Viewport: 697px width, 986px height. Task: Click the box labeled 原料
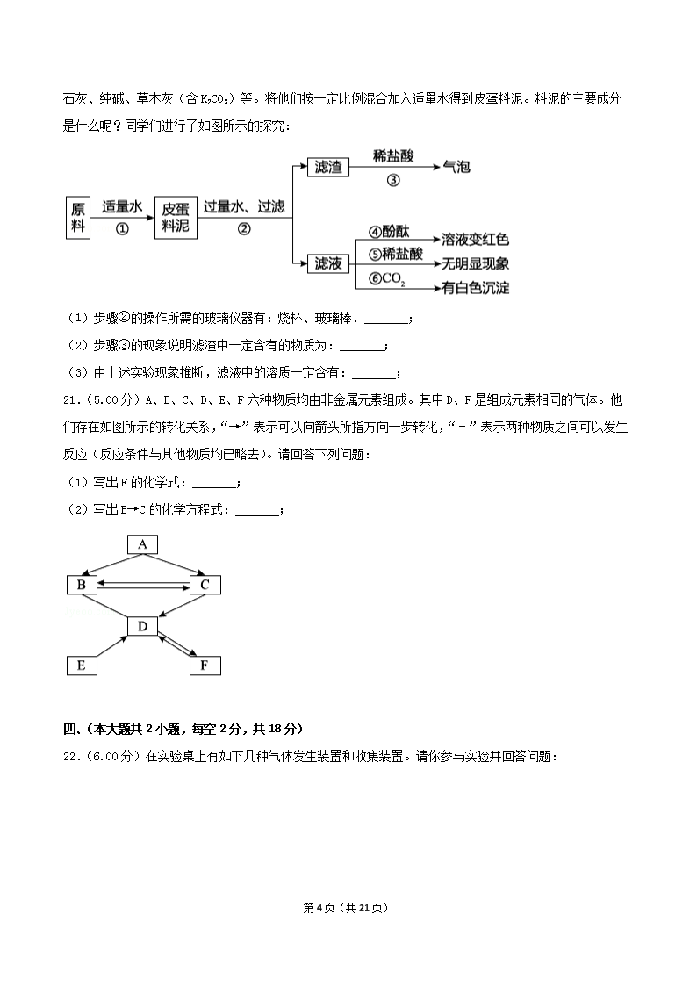(x=79, y=216)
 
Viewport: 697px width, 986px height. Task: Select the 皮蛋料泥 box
(x=176, y=216)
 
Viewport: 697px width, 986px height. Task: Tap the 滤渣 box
(x=328, y=166)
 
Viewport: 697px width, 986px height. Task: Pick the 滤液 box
(x=328, y=263)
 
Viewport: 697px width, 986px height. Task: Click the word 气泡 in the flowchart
(x=456, y=166)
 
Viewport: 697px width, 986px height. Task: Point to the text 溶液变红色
(x=476, y=239)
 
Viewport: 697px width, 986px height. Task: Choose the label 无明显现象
(x=476, y=263)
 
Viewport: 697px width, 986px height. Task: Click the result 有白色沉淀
(x=476, y=287)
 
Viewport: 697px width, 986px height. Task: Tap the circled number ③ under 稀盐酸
(x=392, y=181)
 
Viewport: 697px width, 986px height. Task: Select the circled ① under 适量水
(x=122, y=228)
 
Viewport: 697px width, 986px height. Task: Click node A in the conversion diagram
(x=142, y=545)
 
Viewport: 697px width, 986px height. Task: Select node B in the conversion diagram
(x=82, y=585)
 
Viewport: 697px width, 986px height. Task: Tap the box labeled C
(x=205, y=585)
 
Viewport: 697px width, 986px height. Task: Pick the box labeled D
(x=142, y=625)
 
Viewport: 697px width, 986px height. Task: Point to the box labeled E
(x=82, y=665)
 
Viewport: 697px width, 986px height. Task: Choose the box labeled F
(x=205, y=665)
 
